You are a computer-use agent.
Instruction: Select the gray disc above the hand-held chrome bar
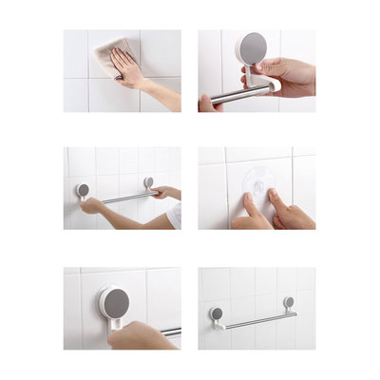253,47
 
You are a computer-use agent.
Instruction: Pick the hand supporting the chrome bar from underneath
209,103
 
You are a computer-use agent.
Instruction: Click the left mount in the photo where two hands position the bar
84,190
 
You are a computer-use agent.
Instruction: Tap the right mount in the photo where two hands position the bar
149,181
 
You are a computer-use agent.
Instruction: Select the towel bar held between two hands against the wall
123,198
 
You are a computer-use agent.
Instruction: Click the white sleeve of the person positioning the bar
175,217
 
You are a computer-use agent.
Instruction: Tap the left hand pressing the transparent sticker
249,215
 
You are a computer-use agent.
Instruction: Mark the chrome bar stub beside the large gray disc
171,332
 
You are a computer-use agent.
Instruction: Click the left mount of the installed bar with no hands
217,314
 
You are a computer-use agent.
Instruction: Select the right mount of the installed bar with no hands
289,303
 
